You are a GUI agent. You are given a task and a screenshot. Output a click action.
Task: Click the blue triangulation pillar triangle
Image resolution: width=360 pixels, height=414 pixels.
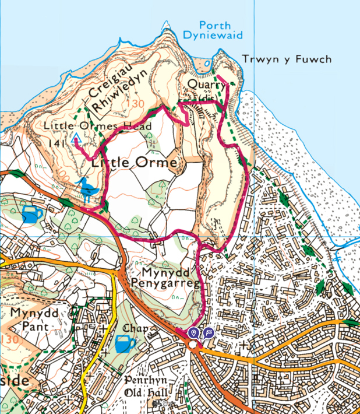[75, 139]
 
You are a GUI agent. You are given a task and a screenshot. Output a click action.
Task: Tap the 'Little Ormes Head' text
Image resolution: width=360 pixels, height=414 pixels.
[98, 126]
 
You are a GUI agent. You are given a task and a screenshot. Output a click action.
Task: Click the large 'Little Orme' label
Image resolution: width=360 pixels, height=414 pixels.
[134, 163]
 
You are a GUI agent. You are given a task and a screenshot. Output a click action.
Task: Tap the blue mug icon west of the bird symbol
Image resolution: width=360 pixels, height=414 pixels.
[32, 214]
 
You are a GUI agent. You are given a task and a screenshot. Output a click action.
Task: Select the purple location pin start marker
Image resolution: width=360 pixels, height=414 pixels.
[194, 332]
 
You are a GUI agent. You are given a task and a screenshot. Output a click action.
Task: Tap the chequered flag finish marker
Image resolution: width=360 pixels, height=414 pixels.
[208, 332]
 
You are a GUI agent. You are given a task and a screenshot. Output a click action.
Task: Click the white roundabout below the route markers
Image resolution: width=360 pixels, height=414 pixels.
[193, 345]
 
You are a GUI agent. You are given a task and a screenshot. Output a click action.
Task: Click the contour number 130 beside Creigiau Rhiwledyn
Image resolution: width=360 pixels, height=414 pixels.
[137, 104]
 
